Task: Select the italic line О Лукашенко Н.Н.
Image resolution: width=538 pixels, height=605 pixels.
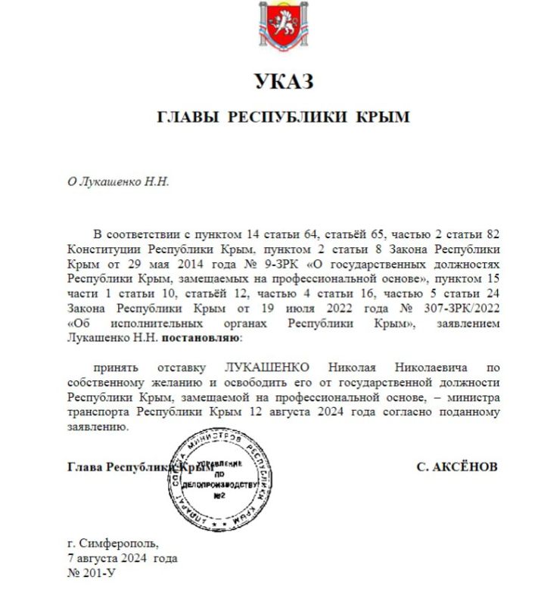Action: [119, 182]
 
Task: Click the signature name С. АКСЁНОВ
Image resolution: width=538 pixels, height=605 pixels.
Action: [457, 467]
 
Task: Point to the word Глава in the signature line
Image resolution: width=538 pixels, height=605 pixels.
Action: [85, 467]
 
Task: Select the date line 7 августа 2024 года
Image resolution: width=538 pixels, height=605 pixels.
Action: [122, 558]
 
